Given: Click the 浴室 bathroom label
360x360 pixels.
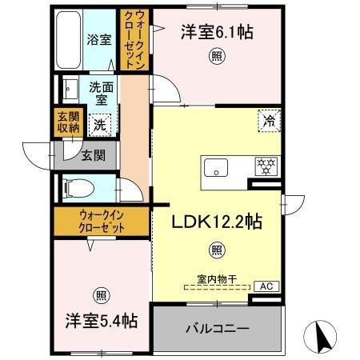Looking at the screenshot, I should click(x=99, y=38).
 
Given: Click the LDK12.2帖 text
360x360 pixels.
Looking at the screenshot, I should click(x=216, y=222).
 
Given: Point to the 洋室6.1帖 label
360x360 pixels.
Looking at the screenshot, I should click(x=216, y=33).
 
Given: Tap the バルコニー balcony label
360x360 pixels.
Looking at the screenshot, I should click(x=217, y=328).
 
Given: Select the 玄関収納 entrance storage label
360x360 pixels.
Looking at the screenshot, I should click(x=67, y=122).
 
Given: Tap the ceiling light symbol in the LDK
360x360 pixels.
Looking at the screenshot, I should click(x=216, y=250).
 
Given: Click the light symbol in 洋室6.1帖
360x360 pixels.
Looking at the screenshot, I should click(x=216, y=55).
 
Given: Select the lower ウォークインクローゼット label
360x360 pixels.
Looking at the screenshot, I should click(x=102, y=220).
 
